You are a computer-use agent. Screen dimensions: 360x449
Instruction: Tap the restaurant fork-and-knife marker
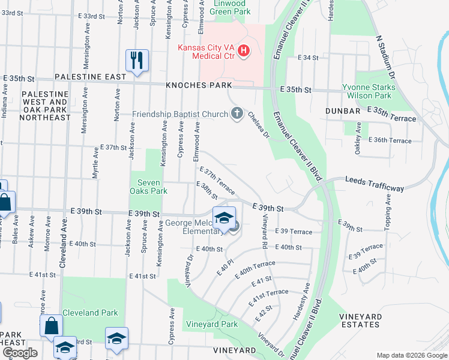(137, 61)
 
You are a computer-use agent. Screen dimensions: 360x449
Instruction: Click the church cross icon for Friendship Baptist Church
(237, 113)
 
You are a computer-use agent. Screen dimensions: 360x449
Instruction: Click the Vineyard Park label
(212, 324)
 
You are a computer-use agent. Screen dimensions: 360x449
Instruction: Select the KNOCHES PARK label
(199, 86)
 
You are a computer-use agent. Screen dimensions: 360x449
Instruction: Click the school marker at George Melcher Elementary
(224, 218)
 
